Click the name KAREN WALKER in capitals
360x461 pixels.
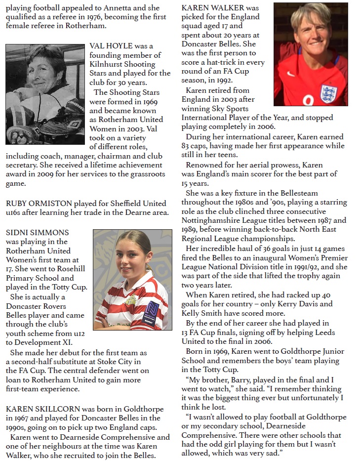[x=220, y=8]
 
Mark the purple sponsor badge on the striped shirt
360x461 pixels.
[x=152, y=310]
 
